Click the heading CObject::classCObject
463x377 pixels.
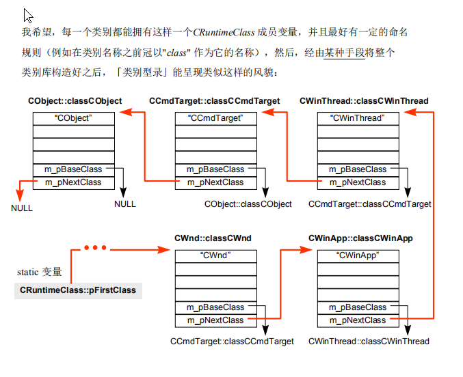[75, 101]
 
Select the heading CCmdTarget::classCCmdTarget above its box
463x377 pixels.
[215, 101]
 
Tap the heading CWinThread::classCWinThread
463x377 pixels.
[364, 101]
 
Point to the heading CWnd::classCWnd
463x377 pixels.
[213, 238]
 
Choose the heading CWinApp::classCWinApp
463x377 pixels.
[360, 238]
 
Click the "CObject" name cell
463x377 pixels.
[73, 118]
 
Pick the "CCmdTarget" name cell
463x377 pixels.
[215, 118]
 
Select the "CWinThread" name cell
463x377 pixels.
[358, 118]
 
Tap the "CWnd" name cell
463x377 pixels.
[215, 256]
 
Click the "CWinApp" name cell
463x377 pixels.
[358, 256]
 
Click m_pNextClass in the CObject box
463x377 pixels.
[72, 182]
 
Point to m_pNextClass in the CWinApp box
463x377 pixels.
[357, 320]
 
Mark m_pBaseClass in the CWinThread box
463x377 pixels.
[357, 169]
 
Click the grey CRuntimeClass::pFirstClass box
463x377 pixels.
[78, 290]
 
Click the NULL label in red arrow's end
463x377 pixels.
[22, 208]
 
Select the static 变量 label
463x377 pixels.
[40, 272]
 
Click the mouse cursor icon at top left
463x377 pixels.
[28, 15]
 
